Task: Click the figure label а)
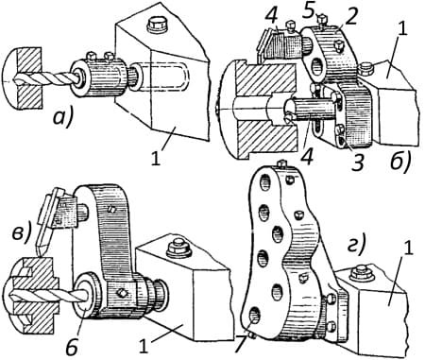(x=62, y=119)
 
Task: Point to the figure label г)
(x=355, y=244)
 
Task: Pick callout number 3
(x=358, y=163)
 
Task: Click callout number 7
(x=240, y=346)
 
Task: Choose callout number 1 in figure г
(x=408, y=249)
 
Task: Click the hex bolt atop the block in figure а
(x=155, y=25)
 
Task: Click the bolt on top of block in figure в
(x=177, y=248)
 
